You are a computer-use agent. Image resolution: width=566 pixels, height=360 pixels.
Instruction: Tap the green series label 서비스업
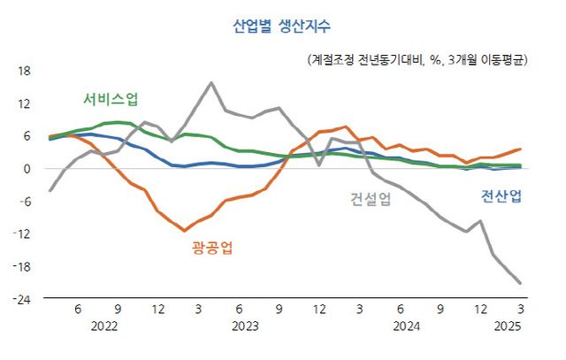(111, 97)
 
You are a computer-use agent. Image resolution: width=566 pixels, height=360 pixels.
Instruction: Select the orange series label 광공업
(212, 248)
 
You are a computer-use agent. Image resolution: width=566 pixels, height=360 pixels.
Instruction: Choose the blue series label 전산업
(500, 195)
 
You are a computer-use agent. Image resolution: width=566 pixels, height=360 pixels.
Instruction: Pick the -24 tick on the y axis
(22, 299)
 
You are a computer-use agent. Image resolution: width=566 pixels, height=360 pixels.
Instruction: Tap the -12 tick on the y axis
(22, 234)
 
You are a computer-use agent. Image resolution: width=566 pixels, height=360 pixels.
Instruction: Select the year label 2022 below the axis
(104, 326)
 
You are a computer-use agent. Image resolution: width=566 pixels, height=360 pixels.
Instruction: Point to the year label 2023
(244, 326)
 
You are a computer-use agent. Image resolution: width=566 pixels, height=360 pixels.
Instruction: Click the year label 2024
(406, 326)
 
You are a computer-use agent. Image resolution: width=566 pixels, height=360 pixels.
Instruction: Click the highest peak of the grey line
(211, 83)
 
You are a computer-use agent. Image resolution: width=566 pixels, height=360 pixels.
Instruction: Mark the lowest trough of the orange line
(185, 231)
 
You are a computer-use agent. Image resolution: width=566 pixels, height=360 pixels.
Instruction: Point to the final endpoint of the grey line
(520, 283)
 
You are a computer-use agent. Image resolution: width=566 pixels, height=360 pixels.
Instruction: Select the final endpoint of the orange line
(520, 149)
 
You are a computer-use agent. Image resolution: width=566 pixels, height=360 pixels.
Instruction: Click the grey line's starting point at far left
(50, 190)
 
